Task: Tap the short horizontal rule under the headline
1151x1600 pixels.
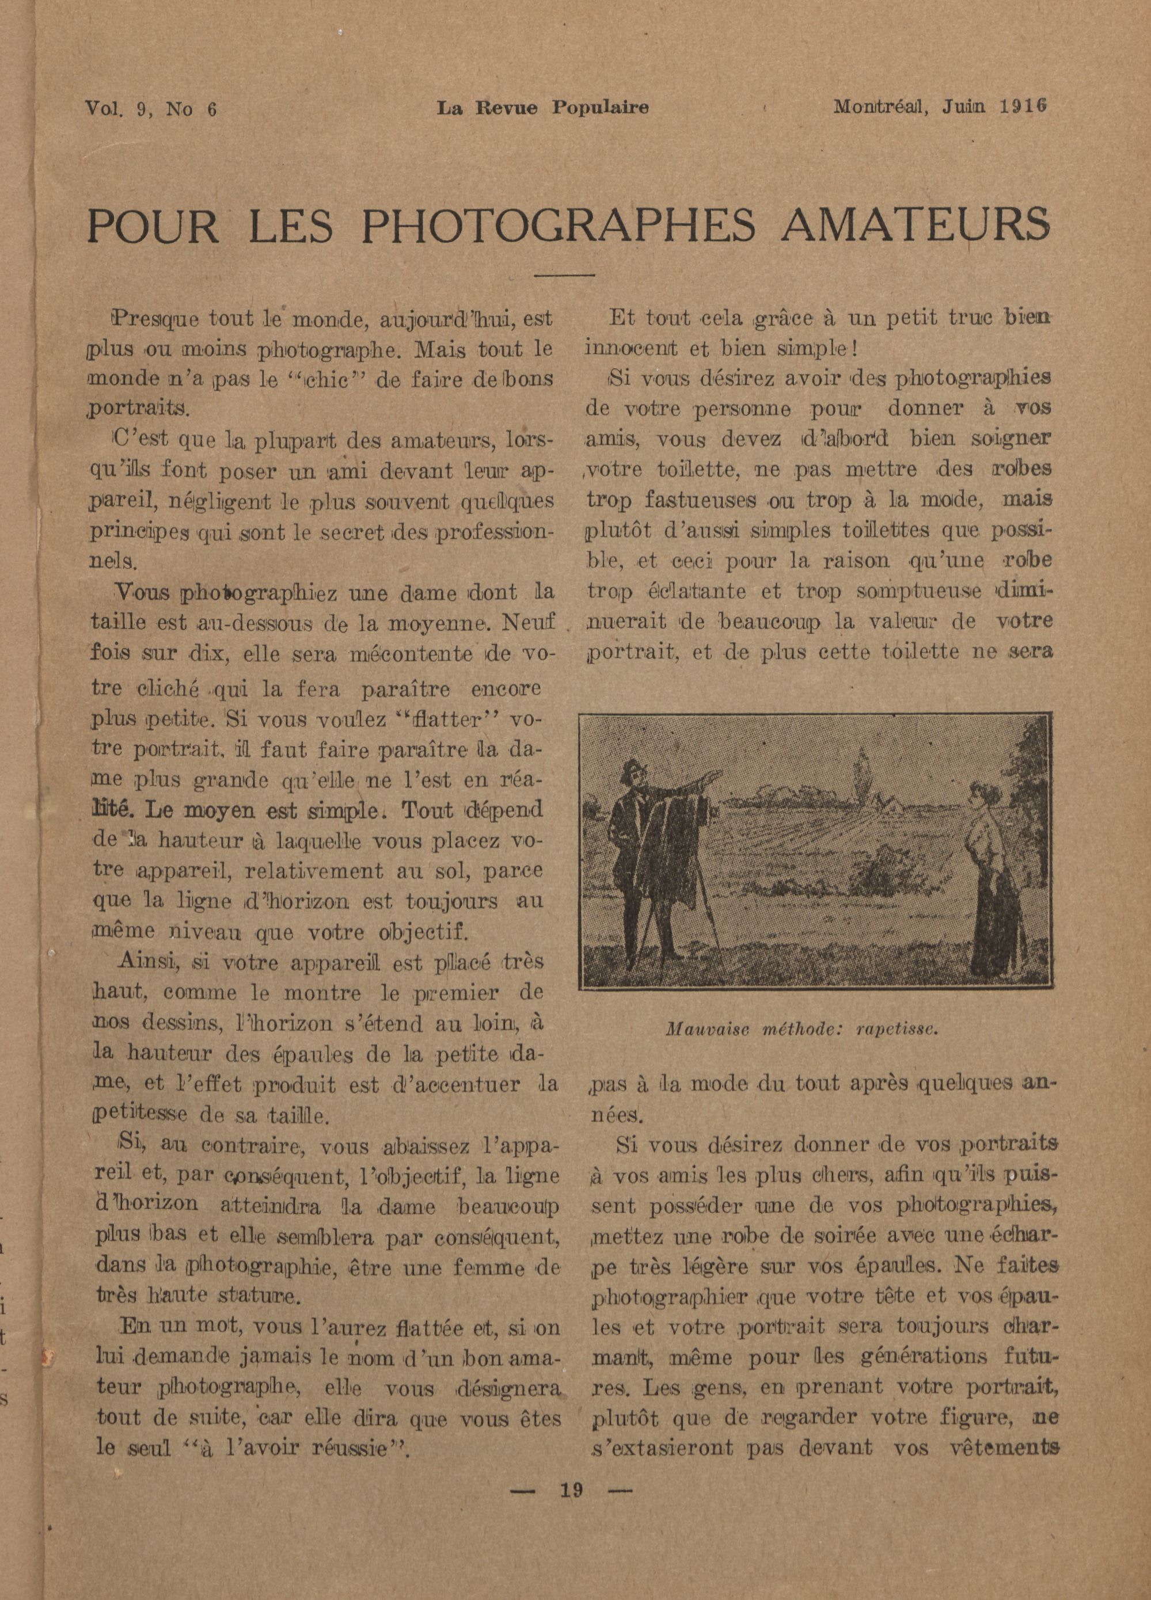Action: coord(565,275)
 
